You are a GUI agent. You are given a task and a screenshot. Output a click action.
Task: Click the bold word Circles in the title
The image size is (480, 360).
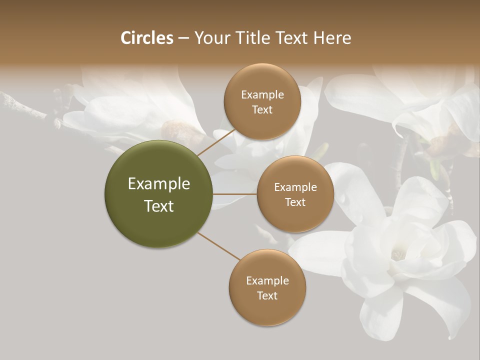tap(146, 38)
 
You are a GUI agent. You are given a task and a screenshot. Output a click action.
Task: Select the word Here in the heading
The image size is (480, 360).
tap(332, 38)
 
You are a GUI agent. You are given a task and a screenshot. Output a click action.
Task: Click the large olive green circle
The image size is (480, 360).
tap(158, 194)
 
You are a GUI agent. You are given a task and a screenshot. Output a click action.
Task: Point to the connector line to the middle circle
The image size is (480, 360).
tap(235, 194)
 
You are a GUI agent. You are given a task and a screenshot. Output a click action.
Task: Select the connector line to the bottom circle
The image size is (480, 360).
tap(219, 245)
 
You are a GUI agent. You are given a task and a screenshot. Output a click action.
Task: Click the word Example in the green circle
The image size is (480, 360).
tap(158, 184)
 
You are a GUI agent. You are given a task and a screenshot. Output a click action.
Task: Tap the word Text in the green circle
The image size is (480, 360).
tap(158, 206)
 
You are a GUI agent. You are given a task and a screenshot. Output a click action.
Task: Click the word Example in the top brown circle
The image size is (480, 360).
tap(262, 95)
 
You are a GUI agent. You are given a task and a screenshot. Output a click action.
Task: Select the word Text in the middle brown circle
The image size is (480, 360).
tap(295, 202)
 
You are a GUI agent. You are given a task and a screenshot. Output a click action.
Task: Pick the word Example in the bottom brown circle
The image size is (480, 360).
tap(267, 280)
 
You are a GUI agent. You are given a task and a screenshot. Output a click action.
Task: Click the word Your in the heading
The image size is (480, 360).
tap(210, 38)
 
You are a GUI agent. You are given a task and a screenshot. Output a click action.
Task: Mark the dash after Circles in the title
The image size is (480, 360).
tap(183, 38)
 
